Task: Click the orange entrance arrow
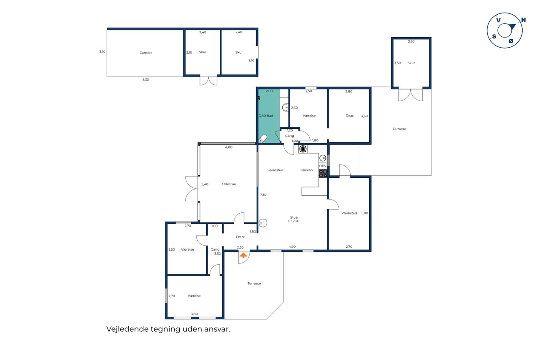point(243,255)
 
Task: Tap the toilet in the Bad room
point(262,139)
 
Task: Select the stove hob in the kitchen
point(323,173)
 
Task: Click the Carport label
point(146,53)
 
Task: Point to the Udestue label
point(229,184)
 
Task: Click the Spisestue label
point(275,170)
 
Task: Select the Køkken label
point(306,170)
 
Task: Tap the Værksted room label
point(349,213)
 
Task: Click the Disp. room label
point(350,116)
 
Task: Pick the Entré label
point(240,237)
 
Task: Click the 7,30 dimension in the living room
point(263,195)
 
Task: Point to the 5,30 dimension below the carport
point(146,80)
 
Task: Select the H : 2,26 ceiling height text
point(293,221)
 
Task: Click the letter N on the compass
point(524,20)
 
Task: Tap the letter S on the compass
point(494,36)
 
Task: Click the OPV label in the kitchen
point(323,166)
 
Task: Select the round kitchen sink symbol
point(323,158)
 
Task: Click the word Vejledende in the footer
point(127,329)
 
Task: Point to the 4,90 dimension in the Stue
point(292,246)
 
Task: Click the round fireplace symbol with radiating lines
point(303,149)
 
